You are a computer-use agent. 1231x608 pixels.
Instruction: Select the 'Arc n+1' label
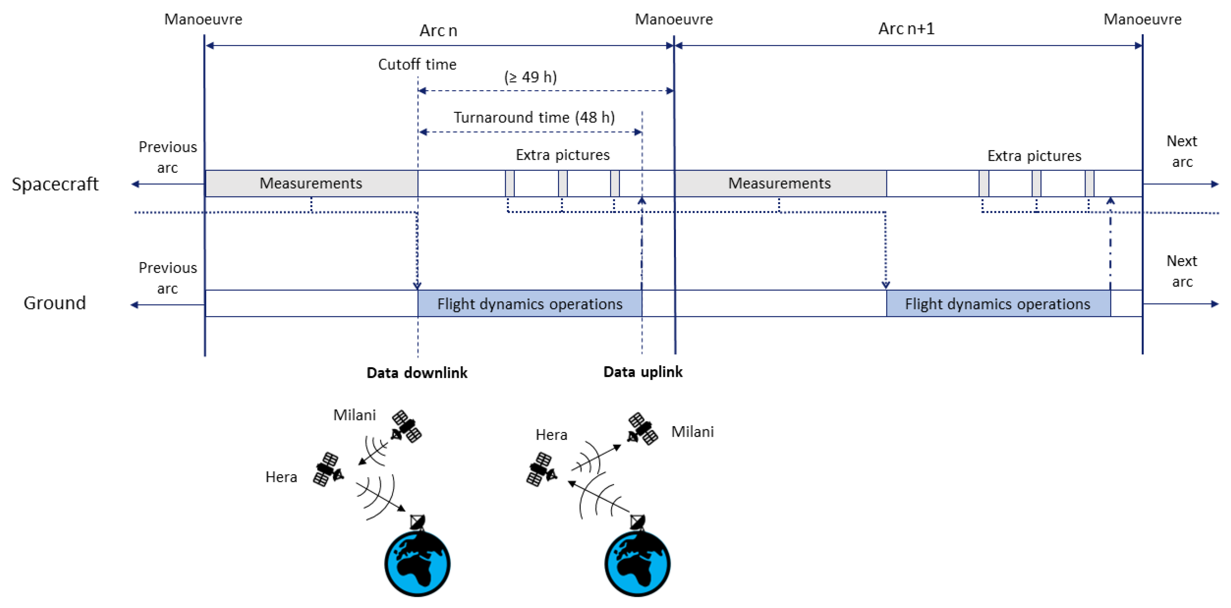(x=906, y=29)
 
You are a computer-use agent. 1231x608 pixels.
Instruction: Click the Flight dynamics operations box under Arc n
(x=530, y=304)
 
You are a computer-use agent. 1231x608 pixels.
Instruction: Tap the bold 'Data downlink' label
(x=417, y=373)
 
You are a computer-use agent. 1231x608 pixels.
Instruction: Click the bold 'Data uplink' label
(x=642, y=372)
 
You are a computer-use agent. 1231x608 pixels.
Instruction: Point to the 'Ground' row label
(x=55, y=303)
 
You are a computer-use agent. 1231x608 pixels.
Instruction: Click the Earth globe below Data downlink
(x=417, y=564)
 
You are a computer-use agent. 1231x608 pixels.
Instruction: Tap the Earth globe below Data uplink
(x=637, y=564)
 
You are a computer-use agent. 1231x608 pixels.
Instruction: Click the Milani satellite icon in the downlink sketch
(x=406, y=426)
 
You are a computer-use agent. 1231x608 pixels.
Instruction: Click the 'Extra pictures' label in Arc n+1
(x=1034, y=156)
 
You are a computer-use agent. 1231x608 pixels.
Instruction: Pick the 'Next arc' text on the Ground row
(x=1181, y=271)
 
